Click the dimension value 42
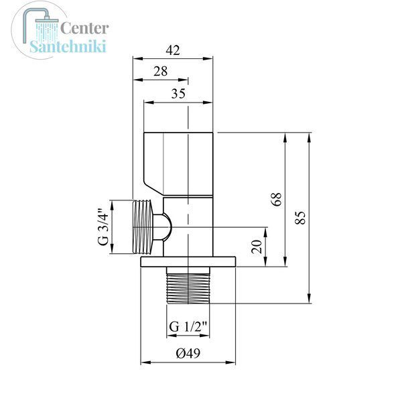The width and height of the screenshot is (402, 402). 173,50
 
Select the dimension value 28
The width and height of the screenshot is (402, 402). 161,71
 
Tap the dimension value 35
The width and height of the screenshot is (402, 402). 178,94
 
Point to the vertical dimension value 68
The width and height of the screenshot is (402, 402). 277,199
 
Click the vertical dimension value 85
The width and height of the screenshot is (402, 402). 300,218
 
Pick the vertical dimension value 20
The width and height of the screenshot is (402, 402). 257,247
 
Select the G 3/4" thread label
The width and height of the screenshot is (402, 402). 104,227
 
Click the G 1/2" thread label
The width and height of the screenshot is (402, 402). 188,327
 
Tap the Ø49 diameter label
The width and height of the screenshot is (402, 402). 188,353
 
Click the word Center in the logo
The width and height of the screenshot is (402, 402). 84,28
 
